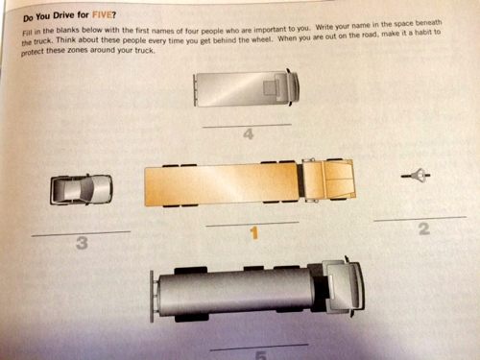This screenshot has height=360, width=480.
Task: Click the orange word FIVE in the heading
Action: pos(102,15)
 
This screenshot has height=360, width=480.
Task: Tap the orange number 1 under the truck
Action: pos(254,233)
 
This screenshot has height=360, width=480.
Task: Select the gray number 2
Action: pos(424,228)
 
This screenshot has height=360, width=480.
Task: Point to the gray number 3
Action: pos(82,243)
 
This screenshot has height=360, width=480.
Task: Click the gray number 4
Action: pos(249,134)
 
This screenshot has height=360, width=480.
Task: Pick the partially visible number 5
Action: pos(261,355)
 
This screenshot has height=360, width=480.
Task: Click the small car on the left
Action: pos(82,189)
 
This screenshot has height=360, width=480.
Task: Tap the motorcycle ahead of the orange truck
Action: pos(416,176)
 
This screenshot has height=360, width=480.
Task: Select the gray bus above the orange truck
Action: pos(247,88)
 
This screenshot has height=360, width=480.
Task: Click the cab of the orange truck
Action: pos(327,180)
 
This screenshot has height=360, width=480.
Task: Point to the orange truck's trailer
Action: pos(222,185)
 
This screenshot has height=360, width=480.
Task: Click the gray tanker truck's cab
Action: pos(343,287)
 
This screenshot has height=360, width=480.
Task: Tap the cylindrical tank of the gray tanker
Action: pos(235,293)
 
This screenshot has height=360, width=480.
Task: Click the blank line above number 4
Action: pos(247,126)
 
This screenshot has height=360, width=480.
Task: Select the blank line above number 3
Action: pos(81,233)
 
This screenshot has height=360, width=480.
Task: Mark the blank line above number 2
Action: pos(420,219)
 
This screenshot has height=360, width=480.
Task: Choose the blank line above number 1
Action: pos(252,224)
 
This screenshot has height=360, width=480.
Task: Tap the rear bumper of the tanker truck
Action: pos(152,297)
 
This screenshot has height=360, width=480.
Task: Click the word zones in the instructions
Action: pos(78,51)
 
